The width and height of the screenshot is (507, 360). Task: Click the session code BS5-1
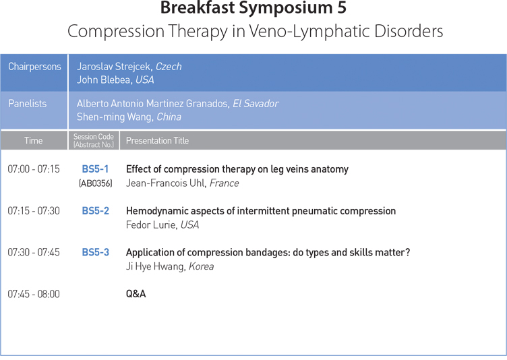95,169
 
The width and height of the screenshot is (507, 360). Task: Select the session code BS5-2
95,210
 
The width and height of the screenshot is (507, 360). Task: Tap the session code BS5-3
95,252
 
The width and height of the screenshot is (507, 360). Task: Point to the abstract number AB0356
95,183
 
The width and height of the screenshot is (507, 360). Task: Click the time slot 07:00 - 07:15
34,169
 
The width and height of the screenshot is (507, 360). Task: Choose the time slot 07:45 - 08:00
34,294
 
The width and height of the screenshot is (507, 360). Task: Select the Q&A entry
136,294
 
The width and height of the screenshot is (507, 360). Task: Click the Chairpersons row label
34,67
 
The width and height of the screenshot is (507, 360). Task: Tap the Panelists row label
27,104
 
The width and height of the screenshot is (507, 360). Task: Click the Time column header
33,141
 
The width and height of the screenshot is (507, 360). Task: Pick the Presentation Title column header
157,141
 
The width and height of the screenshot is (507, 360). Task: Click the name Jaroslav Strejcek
113,67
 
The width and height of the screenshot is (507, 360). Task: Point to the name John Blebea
104,80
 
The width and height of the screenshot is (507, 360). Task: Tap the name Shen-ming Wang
114,117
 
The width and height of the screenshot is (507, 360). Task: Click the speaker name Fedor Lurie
150,224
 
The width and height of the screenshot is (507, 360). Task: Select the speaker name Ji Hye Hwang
155,266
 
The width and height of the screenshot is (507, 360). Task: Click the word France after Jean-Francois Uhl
224,183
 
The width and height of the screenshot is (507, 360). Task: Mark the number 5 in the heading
342,7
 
